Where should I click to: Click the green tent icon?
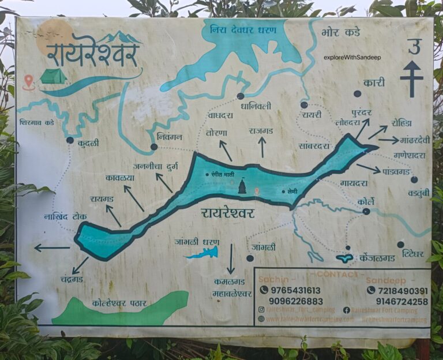point(53,76)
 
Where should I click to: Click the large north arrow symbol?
point(411,78)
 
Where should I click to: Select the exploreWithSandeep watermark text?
point(352,57)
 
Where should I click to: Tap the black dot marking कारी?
point(357,93)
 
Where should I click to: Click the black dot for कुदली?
point(70,140)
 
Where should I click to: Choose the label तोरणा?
point(216,133)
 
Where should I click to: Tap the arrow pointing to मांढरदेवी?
point(388,140)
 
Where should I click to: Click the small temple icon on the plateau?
point(242,186)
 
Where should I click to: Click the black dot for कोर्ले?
point(366,212)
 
